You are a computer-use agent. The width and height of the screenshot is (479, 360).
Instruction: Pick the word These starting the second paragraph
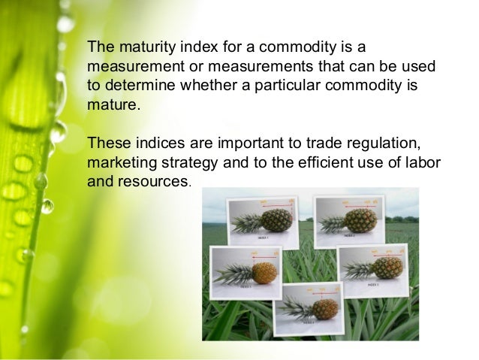coord(107,143)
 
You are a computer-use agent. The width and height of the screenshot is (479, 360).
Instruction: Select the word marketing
coord(122,162)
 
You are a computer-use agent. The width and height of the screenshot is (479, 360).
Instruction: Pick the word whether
coord(207,84)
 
